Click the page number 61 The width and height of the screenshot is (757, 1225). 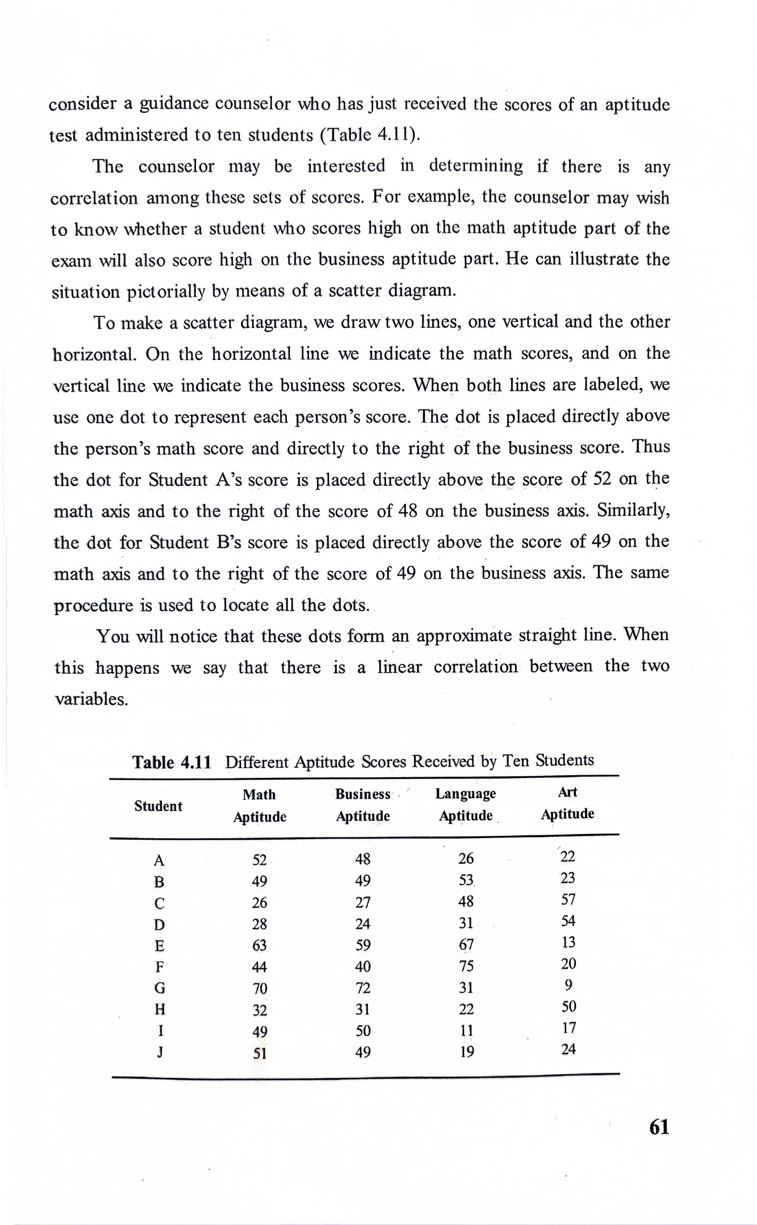[x=659, y=1126]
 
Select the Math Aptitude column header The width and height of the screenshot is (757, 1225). [x=260, y=805]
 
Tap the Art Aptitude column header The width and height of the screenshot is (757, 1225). [x=567, y=802]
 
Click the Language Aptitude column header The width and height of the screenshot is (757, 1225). [x=466, y=804]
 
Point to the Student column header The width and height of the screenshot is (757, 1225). [x=158, y=806]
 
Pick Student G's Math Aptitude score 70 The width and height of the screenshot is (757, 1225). [x=260, y=989]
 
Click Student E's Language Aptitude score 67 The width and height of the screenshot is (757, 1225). [x=466, y=945]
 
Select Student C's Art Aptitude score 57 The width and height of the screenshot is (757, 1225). [x=568, y=899]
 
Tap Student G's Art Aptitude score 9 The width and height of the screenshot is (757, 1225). [x=569, y=984]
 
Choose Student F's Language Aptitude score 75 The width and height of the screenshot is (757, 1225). [x=466, y=966]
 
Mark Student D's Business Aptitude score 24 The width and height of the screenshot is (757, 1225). [x=363, y=924]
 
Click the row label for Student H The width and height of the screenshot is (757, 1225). [x=160, y=1010]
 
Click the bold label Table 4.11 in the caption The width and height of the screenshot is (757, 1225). [x=171, y=763]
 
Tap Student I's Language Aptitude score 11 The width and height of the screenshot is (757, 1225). [x=466, y=1031]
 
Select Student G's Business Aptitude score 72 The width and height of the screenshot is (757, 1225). [x=363, y=988]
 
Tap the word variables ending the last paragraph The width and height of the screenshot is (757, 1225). [x=91, y=699]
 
